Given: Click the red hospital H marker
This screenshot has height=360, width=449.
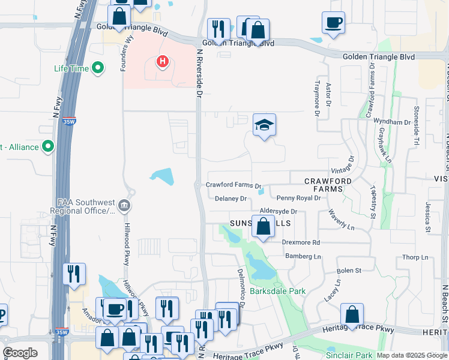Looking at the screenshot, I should [161, 61].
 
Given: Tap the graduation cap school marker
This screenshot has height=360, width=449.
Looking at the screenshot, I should [264, 125].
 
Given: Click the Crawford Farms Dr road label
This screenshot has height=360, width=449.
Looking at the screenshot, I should [234, 186].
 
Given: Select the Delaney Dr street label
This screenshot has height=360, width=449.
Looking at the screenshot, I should [231, 199].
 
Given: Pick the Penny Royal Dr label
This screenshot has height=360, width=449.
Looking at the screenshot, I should [298, 198].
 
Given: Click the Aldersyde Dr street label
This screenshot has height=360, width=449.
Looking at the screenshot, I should [279, 212].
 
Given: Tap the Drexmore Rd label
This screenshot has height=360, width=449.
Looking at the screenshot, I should [301, 242].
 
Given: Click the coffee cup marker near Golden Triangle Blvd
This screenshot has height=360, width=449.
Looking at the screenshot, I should [333, 23].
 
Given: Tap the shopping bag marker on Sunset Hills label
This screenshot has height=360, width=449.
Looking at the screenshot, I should [263, 227].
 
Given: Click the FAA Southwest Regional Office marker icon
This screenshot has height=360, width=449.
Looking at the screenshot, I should [125, 206].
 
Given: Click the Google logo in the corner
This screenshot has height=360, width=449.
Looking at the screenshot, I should [20, 353].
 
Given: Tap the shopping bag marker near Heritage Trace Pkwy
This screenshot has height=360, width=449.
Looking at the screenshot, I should [352, 314].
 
